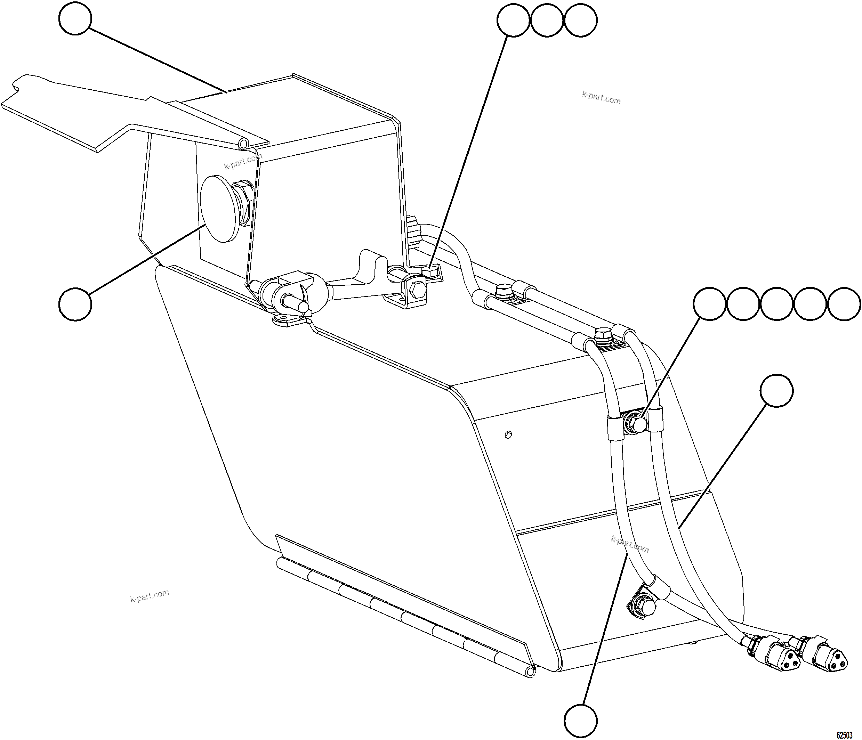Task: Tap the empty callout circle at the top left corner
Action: pos(75,19)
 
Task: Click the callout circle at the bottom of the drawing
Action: pos(581,719)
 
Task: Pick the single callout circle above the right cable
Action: pos(777,391)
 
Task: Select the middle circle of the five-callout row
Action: pos(777,304)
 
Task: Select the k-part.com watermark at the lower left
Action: pos(150,596)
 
